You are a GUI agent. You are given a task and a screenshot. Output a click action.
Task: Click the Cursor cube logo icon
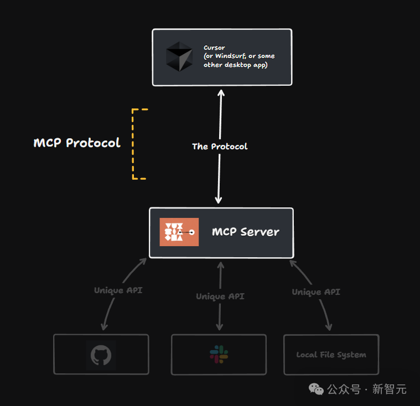tap(179, 56)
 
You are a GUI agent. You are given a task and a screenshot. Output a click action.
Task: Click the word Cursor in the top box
tap(214, 48)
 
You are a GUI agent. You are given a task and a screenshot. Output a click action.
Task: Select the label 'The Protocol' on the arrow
tap(220, 147)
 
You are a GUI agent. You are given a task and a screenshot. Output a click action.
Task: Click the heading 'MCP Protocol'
tap(77, 143)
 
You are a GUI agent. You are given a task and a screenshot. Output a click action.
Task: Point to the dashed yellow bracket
tap(136, 144)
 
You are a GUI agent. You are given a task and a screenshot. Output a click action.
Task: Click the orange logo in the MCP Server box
tap(179, 232)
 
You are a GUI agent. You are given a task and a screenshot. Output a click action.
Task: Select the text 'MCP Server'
tap(245, 232)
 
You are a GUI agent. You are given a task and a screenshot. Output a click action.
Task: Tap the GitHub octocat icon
tap(101, 355)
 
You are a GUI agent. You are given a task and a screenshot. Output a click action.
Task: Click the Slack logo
tap(219, 355)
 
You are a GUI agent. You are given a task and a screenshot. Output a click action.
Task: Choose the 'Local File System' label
tap(331, 355)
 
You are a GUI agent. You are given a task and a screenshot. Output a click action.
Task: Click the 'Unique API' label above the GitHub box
tap(118, 290)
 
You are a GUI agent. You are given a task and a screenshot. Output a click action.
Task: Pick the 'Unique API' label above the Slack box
tap(220, 296)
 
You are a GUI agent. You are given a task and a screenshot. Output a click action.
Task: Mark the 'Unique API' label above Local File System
tap(316, 292)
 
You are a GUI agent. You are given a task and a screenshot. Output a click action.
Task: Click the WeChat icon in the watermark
tap(317, 389)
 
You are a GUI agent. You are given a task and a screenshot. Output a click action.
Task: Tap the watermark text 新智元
tap(389, 389)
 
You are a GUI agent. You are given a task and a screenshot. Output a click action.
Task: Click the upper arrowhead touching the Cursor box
tap(220, 92)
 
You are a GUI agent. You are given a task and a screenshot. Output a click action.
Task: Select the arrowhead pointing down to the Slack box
tap(220, 327)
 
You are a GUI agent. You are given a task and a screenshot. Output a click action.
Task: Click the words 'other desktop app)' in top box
tap(235, 65)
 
